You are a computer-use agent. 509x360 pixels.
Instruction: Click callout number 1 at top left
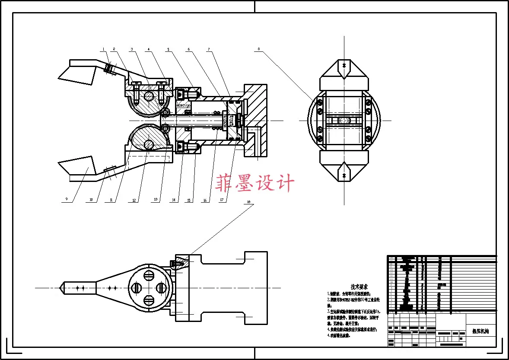[104, 49]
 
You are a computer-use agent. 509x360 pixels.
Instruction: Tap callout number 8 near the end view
[258, 49]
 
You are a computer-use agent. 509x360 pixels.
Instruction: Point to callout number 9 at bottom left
[67, 200]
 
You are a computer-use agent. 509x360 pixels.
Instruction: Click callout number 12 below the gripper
[134, 200]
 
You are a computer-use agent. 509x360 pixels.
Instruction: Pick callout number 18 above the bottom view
[248, 202]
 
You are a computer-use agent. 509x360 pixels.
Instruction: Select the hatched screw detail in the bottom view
[178, 262]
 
